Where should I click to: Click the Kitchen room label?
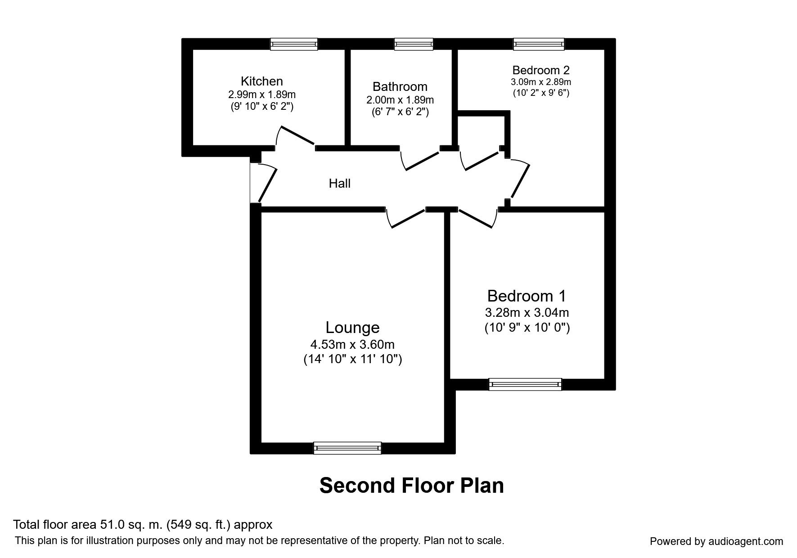tap(262, 81)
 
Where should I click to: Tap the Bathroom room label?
tap(400, 86)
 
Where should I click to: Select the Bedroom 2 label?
tap(541, 70)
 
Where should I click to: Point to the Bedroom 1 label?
tap(527, 296)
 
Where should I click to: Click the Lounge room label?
tap(352, 328)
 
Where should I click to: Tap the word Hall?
tap(340, 184)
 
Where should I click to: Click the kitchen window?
tap(294, 44)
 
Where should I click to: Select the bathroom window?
tap(414, 44)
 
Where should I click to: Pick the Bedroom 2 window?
tap(539, 44)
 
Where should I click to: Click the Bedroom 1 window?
tap(525, 384)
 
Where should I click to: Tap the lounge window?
tap(347, 448)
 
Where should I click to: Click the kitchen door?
tap(296, 136)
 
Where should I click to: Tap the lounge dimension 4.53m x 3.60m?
tap(352, 345)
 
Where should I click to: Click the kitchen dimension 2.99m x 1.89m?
tap(262, 94)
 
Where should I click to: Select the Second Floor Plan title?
tap(411, 486)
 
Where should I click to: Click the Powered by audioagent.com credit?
tap(716, 541)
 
